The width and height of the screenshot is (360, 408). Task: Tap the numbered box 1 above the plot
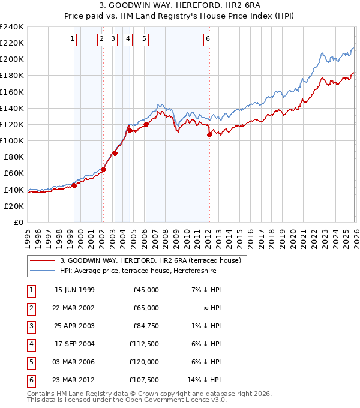[73, 39]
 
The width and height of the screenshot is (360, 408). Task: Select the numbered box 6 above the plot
[208, 39]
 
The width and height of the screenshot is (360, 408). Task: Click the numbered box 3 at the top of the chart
[113, 39]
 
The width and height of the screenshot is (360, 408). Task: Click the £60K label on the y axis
[13, 173]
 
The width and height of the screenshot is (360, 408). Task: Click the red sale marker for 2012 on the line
[209, 135]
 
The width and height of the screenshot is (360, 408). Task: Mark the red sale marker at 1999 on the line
[74, 185]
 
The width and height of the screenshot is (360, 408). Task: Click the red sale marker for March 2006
[146, 125]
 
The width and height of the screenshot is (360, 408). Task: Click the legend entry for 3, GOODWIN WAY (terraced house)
[150, 260]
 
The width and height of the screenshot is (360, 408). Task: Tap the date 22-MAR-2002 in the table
[74, 307]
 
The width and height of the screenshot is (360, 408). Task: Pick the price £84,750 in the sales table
[146, 326]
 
